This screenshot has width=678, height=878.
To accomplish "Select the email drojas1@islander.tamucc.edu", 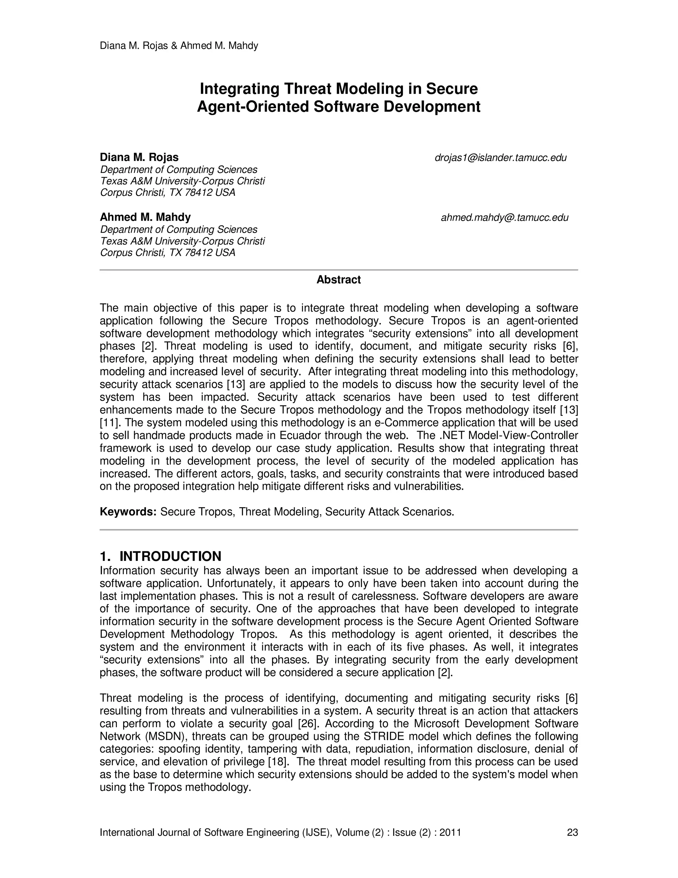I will click(501, 158).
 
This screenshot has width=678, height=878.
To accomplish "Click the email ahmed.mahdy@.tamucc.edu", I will click(505, 218).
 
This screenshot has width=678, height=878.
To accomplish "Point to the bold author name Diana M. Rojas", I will click(139, 157).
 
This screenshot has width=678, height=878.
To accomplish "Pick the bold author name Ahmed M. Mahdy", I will click(145, 217).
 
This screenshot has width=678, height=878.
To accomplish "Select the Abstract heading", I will click(339, 280).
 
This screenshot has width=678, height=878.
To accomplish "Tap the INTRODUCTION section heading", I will click(170, 556).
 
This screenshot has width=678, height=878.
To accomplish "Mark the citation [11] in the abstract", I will click(108, 423).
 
